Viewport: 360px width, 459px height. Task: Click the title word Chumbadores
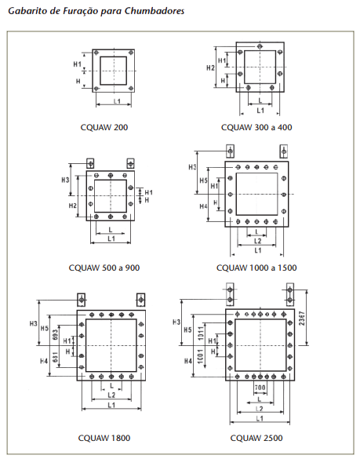click(155, 11)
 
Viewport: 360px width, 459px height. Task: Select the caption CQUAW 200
click(104, 127)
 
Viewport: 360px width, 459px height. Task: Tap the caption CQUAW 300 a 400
click(256, 127)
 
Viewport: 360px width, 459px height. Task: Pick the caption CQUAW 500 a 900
click(104, 268)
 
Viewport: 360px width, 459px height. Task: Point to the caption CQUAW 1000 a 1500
click(256, 268)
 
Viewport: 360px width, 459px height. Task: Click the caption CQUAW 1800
click(104, 438)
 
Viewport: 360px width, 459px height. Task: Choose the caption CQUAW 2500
click(256, 438)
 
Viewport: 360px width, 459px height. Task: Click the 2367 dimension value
click(302, 319)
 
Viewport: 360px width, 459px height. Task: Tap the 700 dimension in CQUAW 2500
click(260, 388)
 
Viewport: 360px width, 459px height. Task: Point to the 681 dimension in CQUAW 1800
click(56, 358)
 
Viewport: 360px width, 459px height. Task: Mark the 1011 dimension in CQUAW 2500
click(201, 333)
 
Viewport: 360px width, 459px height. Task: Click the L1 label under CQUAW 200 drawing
click(117, 101)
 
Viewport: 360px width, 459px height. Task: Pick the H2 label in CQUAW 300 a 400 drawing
click(210, 68)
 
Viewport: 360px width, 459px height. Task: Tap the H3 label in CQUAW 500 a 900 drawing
click(65, 180)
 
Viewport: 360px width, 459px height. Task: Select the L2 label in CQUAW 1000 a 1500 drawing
click(257, 241)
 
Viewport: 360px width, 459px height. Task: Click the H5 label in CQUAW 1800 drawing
click(45, 329)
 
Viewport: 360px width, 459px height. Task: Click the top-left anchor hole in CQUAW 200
click(96, 53)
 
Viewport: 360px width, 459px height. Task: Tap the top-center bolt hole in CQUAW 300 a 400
click(260, 46)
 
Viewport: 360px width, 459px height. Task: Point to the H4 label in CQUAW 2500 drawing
click(188, 361)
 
